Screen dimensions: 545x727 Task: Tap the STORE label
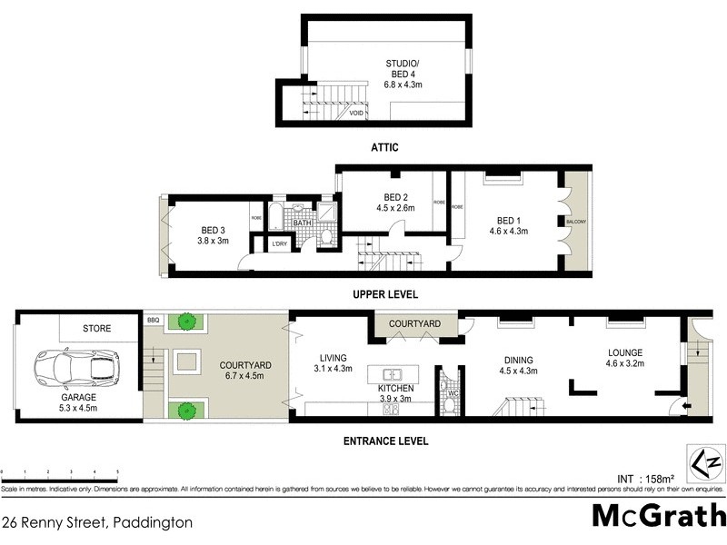[96, 328]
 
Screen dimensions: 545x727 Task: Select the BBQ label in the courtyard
[153, 321]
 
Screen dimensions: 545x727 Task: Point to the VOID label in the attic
[357, 113]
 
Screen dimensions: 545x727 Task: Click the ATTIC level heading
[384, 147]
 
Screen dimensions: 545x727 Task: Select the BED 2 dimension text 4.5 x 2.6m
[395, 208]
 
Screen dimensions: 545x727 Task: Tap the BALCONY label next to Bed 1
[575, 222]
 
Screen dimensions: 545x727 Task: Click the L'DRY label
[280, 243]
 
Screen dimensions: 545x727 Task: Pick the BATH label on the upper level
[303, 223]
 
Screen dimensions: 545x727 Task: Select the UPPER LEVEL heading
[384, 294]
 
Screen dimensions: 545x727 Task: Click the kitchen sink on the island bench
[393, 374]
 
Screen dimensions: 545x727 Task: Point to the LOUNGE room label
[625, 352]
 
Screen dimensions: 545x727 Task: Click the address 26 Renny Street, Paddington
[96, 522]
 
